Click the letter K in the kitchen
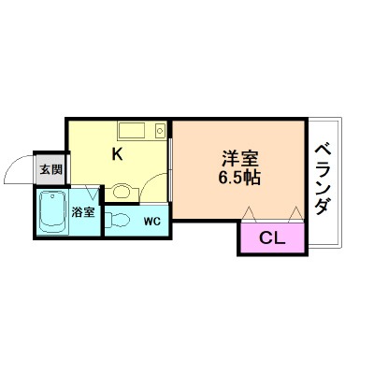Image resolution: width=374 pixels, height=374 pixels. click(118, 153)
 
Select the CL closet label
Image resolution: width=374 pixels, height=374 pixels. click(272, 237)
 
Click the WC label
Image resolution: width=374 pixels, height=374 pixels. click(152, 222)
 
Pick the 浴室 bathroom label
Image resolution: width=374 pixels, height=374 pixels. click(83, 211)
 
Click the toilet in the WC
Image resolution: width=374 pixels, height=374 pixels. click(117, 220)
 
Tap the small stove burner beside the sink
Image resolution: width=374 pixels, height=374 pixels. click(160, 130)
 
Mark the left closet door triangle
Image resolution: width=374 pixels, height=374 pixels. click(249, 214)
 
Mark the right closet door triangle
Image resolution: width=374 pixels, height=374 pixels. click(296, 214)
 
